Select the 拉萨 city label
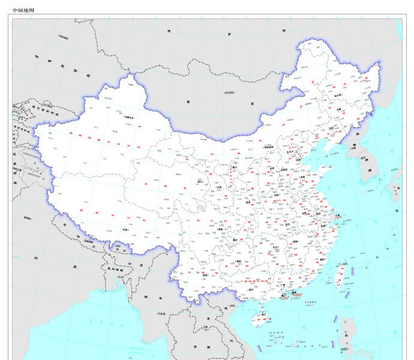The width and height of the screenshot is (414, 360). coord(125,229)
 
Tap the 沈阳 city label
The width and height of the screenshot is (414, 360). coord(331,128)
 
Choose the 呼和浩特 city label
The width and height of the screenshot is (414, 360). coord(262,151)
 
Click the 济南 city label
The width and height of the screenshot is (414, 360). coord(301,178)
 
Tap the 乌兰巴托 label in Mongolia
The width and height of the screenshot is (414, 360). coord(229,92)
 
